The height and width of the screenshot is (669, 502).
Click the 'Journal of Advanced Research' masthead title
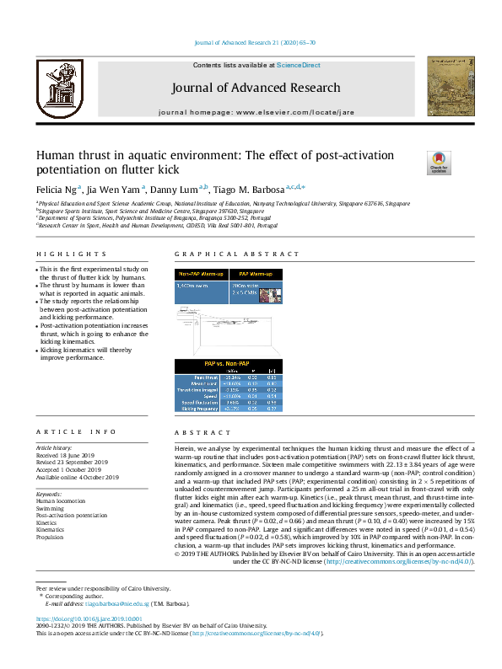[256, 88]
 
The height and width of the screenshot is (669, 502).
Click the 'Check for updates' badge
[439, 162]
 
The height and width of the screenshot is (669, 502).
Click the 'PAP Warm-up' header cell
[255, 274]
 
